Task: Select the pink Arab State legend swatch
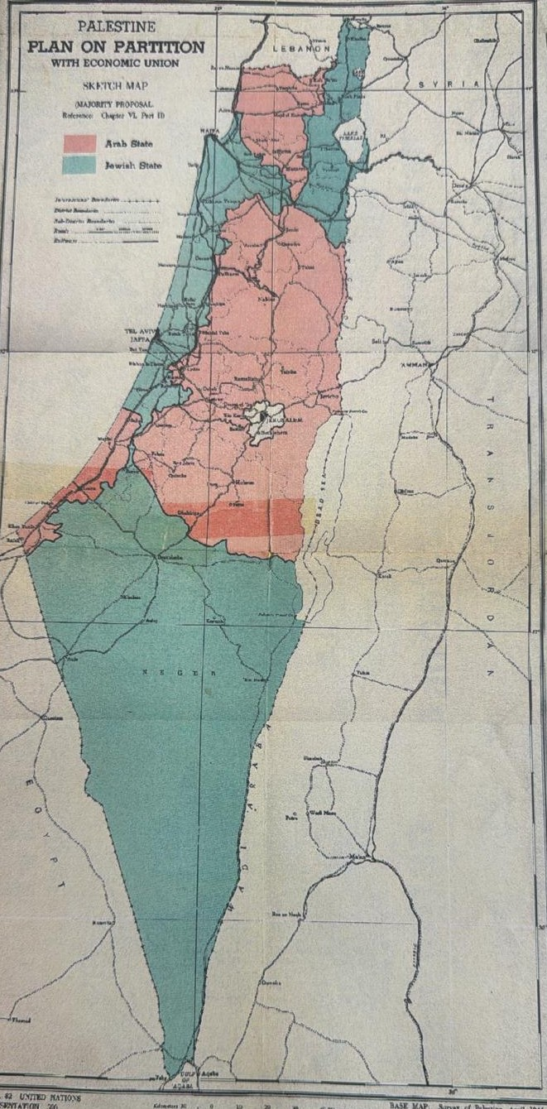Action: pos(80,143)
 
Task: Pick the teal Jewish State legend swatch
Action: pos(80,164)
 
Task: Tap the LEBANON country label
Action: pos(304,50)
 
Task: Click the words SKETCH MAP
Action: pos(115,86)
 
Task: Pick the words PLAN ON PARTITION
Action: pos(116,47)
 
